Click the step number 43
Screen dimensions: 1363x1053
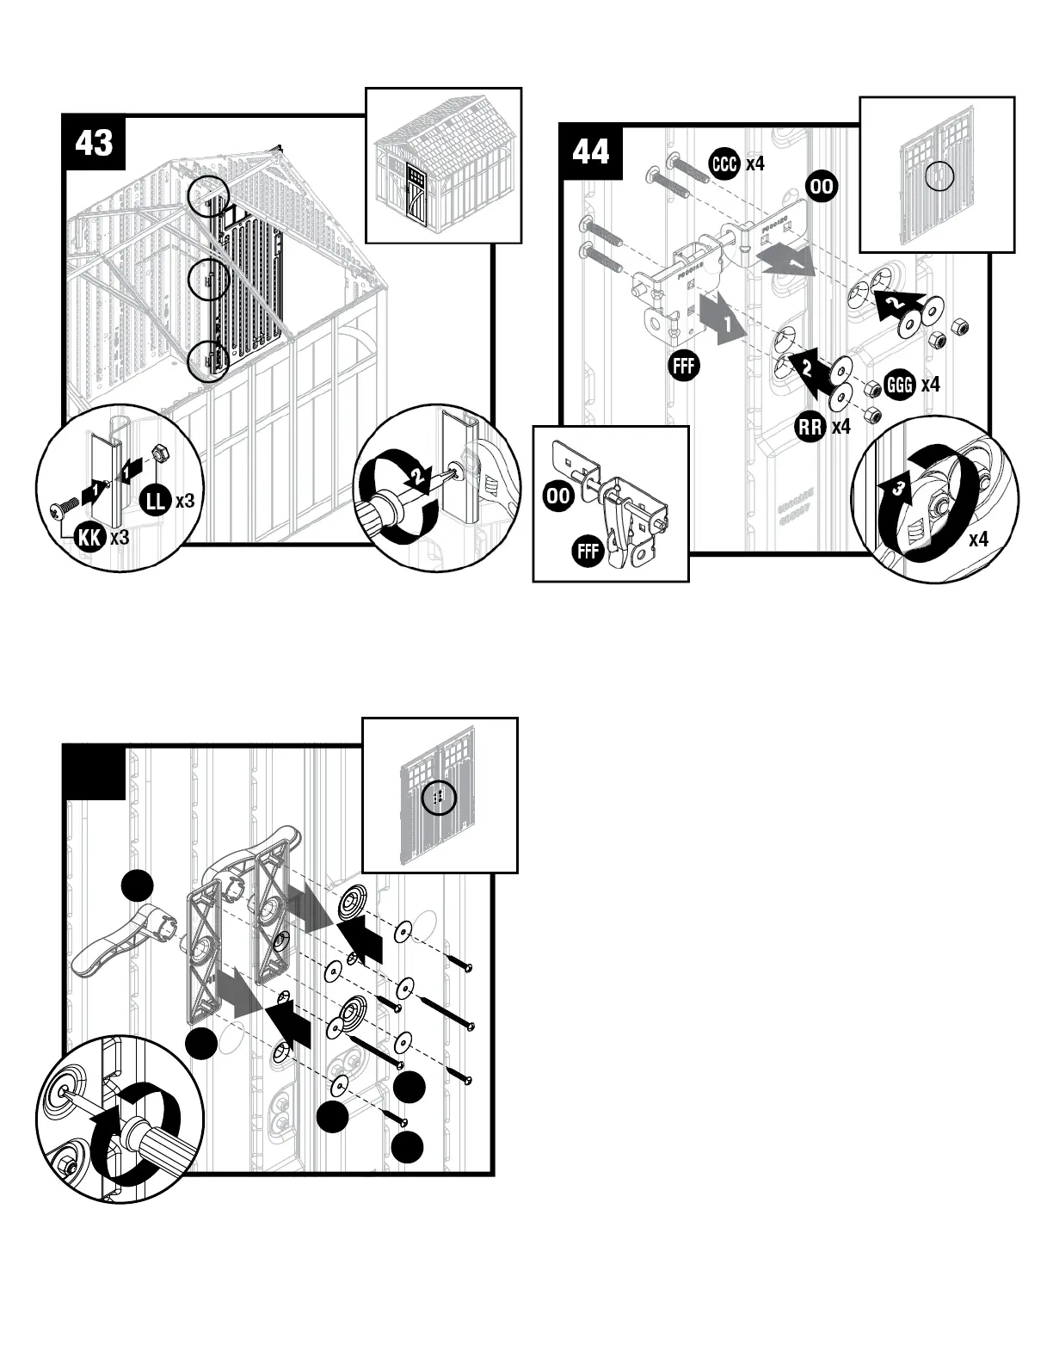(x=94, y=142)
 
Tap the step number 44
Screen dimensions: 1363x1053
(x=590, y=151)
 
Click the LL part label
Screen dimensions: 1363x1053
(x=156, y=500)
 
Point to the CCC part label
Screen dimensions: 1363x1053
(x=724, y=163)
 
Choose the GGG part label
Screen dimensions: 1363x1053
(x=900, y=385)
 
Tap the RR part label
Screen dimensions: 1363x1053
(x=810, y=426)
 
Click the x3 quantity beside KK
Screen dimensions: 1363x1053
(x=120, y=538)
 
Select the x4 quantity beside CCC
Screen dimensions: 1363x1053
(x=754, y=163)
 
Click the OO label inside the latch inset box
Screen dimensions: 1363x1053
(x=558, y=496)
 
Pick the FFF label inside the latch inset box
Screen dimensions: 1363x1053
(x=588, y=550)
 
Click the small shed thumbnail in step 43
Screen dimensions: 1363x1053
(x=443, y=165)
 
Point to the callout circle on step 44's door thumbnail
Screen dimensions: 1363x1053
(x=939, y=177)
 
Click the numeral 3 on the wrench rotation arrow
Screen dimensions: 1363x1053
(x=897, y=490)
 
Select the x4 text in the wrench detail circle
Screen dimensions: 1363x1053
(x=978, y=540)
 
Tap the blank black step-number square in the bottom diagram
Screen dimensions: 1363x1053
(x=95, y=772)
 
